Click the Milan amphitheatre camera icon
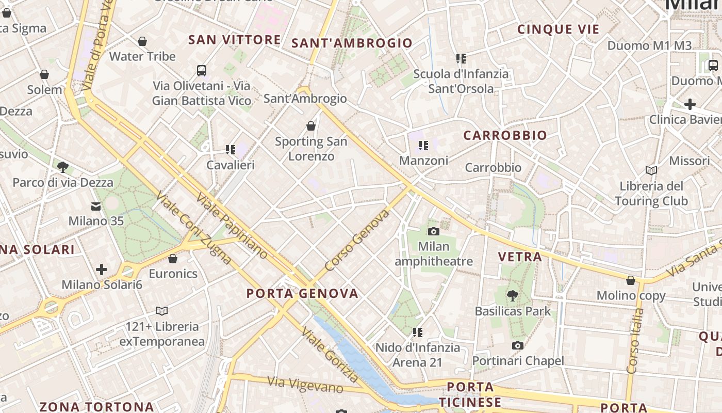click(x=434, y=231)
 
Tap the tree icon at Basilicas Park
click(x=512, y=296)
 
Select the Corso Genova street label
click(x=357, y=240)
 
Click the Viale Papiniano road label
click(x=232, y=226)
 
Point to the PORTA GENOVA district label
click(x=302, y=294)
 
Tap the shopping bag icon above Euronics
click(x=173, y=258)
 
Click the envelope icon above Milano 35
click(x=96, y=206)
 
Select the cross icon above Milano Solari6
click(x=102, y=269)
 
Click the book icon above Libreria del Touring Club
click(x=651, y=170)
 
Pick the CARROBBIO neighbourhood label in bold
click(x=505, y=136)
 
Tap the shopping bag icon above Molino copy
click(x=631, y=280)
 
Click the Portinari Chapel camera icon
click(x=518, y=345)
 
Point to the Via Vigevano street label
click(x=305, y=384)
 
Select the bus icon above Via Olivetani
click(x=202, y=70)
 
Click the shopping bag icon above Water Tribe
click(x=142, y=41)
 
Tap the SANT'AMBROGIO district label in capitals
click(x=352, y=43)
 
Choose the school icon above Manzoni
click(x=423, y=146)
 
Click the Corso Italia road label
click(x=634, y=341)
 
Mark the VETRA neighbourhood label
click(x=520, y=257)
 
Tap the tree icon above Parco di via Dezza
click(x=63, y=167)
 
